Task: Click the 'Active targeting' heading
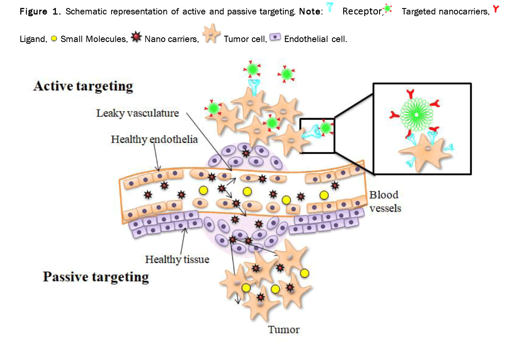tap(83, 87)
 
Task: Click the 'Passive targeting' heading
tap(96, 277)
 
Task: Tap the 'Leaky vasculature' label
tap(137, 113)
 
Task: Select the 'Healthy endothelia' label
tap(154, 139)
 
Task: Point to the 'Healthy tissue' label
tap(177, 259)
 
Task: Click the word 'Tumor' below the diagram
tap(284, 329)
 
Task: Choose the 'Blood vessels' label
tap(384, 201)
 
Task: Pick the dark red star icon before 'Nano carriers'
tap(136, 39)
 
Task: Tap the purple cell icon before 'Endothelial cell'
tap(276, 38)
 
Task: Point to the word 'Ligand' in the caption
tap(32, 39)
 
